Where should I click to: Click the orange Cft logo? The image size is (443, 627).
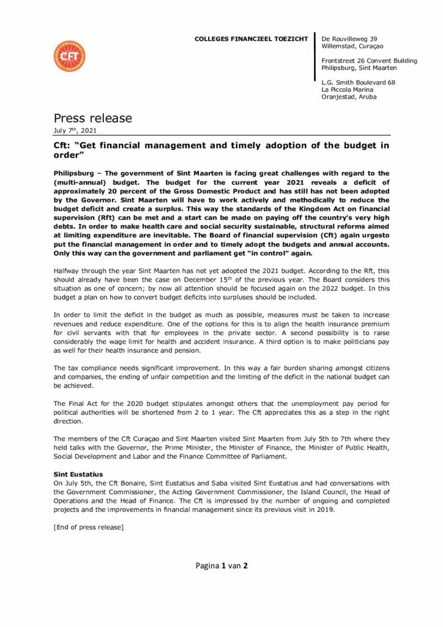click(x=69, y=56)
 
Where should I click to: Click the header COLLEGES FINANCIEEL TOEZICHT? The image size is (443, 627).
click(x=251, y=39)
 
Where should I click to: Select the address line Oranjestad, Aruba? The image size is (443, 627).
click(x=349, y=97)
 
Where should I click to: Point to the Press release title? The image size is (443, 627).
click(x=92, y=118)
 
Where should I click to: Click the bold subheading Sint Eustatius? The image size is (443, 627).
click(x=76, y=475)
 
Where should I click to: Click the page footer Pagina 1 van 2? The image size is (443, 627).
click(x=221, y=566)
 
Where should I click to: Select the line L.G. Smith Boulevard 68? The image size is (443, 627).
click(x=358, y=82)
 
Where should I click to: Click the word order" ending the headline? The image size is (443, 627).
click(x=69, y=156)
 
